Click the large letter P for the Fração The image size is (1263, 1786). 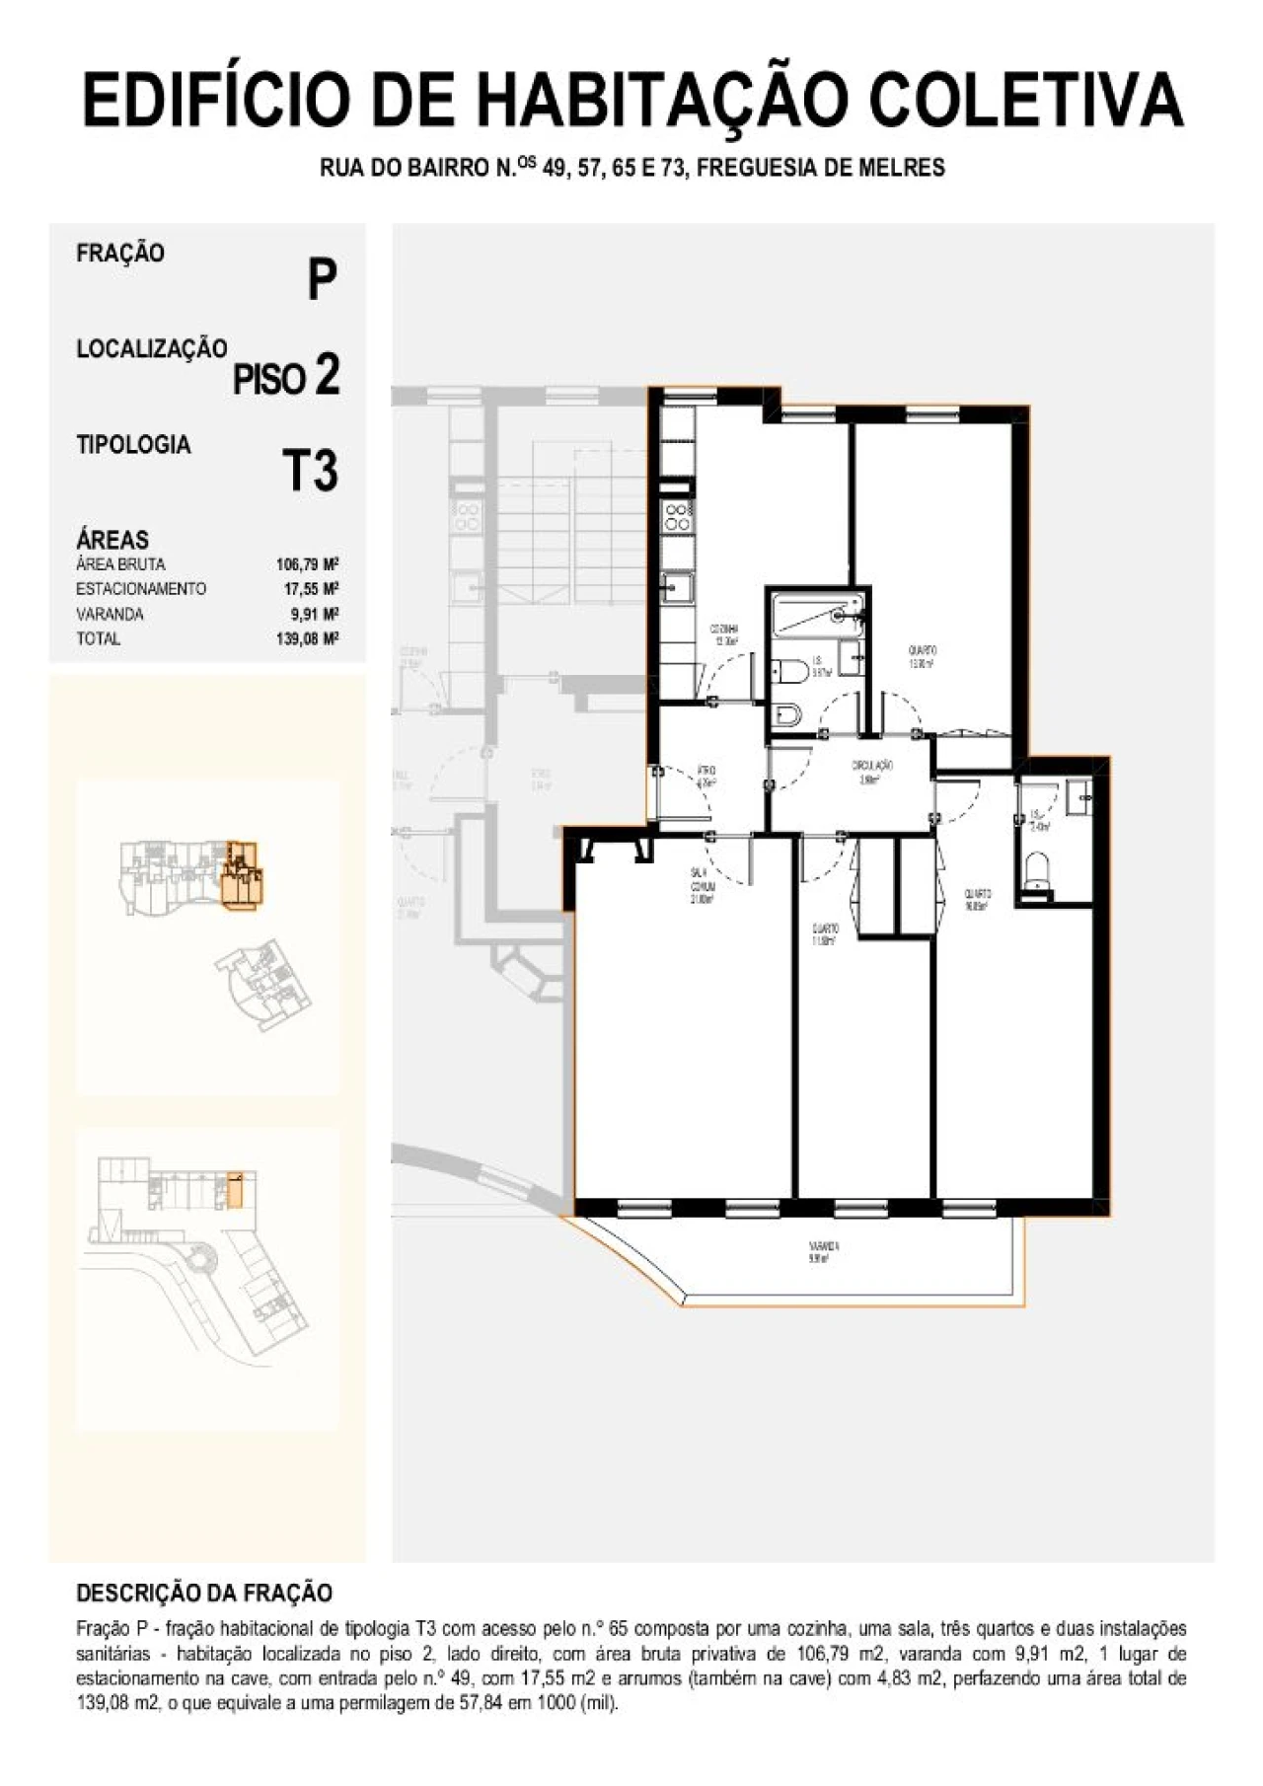point(322,280)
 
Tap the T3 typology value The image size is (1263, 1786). point(310,471)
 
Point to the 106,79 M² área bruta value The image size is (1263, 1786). point(307,565)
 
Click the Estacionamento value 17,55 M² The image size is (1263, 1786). point(311,589)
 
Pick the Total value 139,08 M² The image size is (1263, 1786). point(307,639)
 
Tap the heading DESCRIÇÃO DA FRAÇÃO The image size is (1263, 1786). point(204,1593)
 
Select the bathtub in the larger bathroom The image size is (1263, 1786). point(818,613)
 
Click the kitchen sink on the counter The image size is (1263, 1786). point(676,590)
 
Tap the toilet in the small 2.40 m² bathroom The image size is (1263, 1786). point(1036,872)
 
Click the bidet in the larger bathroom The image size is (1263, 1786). point(787,713)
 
